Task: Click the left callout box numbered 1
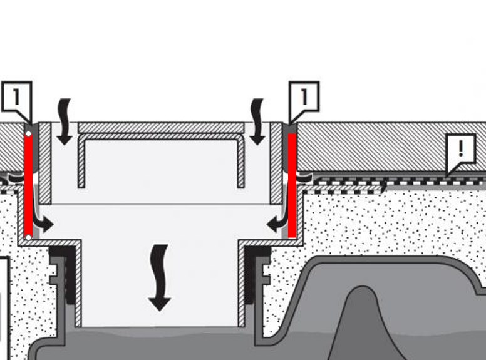[x=16, y=96]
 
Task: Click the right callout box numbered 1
[x=304, y=96]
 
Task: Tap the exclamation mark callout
[x=462, y=150]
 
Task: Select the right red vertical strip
[x=292, y=185]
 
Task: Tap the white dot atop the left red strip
[x=28, y=134]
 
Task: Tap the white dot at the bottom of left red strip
[x=28, y=237]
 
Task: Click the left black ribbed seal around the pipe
[x=63, y=275]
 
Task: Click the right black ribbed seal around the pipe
[x=257, y=275]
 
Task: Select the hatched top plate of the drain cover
[x=160, y=127]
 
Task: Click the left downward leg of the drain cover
[x=81, y=163]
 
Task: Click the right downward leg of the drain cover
[x=240, y=163]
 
